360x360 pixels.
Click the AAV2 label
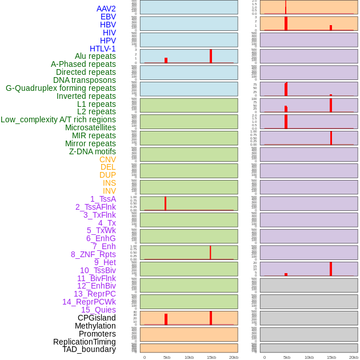pyautogui.click(x=106, y=9)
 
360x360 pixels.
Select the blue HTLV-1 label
pyautogui.click(x=102, y=49)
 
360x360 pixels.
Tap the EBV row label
pyautogui.click(x=108, y=17)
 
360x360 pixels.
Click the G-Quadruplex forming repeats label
pyautogui.click(x=61, y=88)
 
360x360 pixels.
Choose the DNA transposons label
pyautogui.click(x=85, y=80)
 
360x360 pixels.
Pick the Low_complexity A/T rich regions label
pyautogui.click(x=58, y=119)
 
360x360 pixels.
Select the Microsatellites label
pyautogui.click(x=90, y=127)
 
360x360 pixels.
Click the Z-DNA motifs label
pyautogui.click(x=93, y=151)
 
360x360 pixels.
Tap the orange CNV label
pyautogui.click(x=107, y=159)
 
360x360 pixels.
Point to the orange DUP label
pyautogui.click(x=107, y=175)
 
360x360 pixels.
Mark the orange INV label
pyautogui.click(x=109, y=191)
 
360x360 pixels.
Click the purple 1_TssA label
pyautogui.click(x=103, y=199)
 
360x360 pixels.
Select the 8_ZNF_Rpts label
pyautogui.click(x=93, y=254)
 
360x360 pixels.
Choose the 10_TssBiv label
pyautogui.click(x=98, y=270)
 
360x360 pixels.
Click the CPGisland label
pyautogui.click(x=97, y=318)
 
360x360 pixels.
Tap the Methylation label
pyautogui.click(x=95, y=326)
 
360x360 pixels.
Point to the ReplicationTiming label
pyautogui.click(x=84, y=342)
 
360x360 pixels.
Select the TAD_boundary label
pyautogui.click(x=89, y=349)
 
